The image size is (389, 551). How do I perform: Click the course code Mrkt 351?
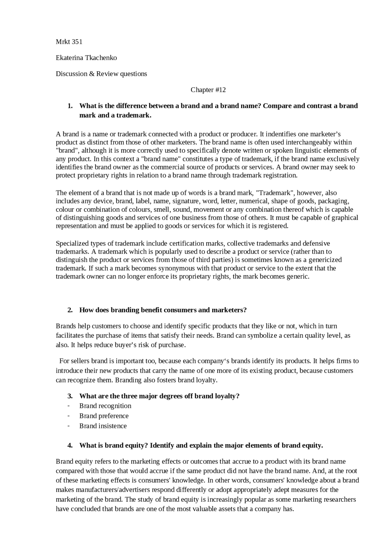click(x=69, y=42)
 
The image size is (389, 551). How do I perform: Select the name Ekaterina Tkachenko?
click(x=86, y=58)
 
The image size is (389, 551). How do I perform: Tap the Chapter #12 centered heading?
click(x=208, y=90)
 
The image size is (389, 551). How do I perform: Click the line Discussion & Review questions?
click(x=101, y=74)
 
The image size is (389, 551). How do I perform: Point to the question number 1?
click(x=70, y=106)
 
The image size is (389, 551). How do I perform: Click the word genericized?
click(x=325, y=260)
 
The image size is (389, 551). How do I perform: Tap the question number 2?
click(x=70, y=310)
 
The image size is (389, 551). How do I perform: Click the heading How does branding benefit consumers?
click(x=163, y=310)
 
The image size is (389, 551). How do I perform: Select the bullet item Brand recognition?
click(x=105, y=406)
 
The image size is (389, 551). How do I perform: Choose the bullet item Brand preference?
click(x=104, y=416)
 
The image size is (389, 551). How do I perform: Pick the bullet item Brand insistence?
click(x=103, y=426)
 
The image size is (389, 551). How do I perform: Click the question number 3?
click(x=70, y=396)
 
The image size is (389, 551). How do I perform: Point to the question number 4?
click(x=70, y=445)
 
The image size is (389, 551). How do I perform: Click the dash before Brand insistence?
click(x=69, y=426)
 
